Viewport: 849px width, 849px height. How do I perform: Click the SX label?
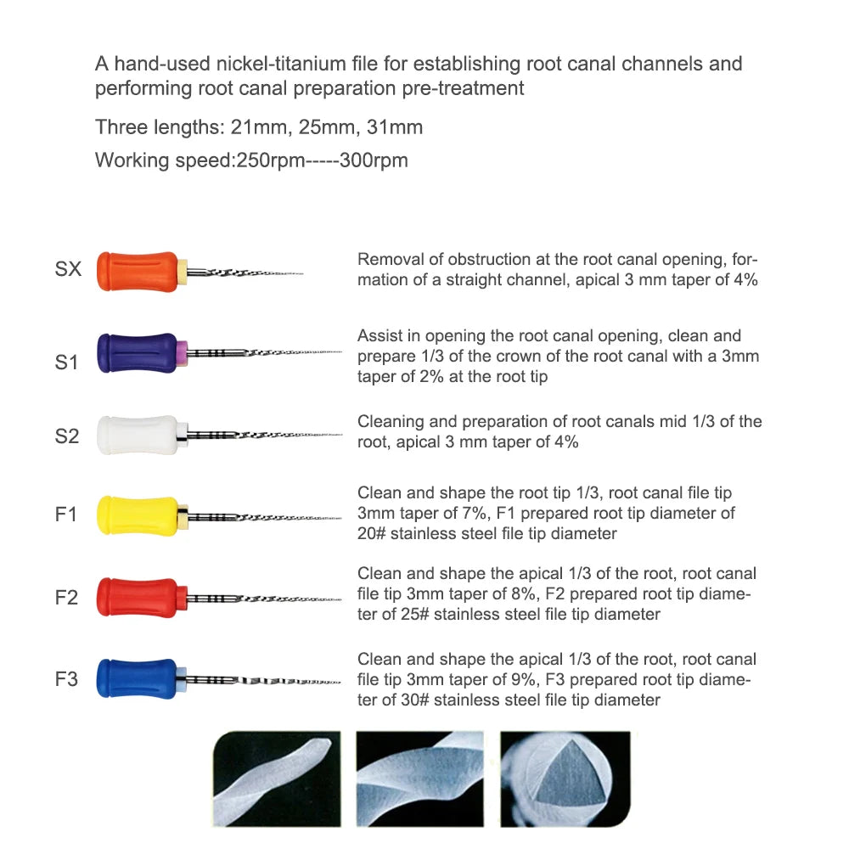[68, 270]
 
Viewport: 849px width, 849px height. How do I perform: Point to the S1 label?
[67, 363]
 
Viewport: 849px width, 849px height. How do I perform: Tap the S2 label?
[67, 436]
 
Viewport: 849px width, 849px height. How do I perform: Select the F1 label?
[66, 515]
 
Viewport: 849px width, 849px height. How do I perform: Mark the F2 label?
[66, 598]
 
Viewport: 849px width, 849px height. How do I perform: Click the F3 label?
[66, 679]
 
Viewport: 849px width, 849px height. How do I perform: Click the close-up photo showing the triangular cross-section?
[565, 779]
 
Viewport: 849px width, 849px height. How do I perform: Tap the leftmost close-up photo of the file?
[275, 779]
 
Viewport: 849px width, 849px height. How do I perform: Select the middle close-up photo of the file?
[420, 779]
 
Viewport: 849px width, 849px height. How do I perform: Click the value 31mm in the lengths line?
[394, 127]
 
